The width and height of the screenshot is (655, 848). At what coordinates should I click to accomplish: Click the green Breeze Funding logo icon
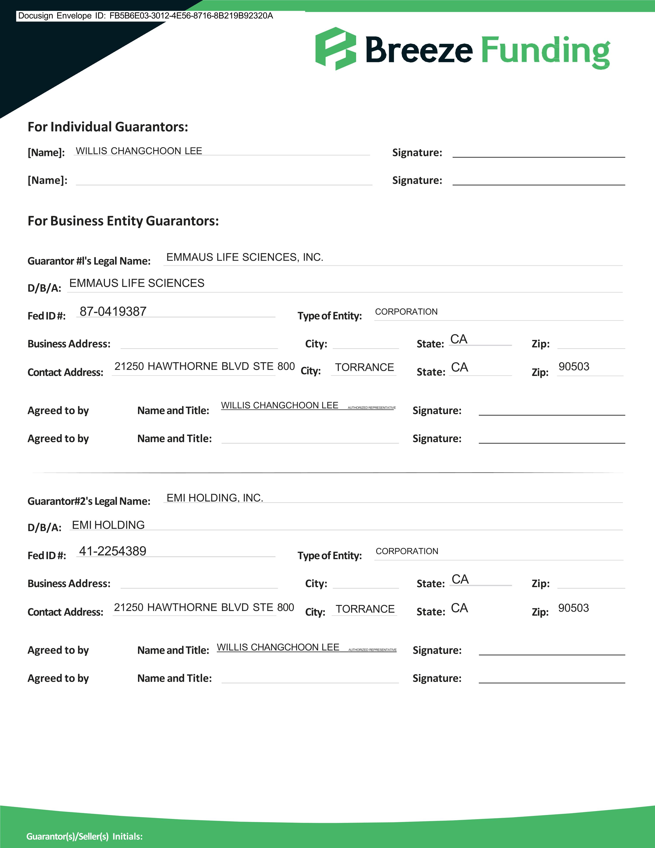pyautogui.click(x=335, y=49)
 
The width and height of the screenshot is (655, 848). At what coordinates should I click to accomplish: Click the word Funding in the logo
pyautogui.click(x=545, y=50)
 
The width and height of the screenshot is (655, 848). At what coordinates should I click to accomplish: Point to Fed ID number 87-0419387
pyautogui.click(x=113, y=311)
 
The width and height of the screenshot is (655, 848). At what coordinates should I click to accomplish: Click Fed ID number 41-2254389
pyautogui.click(x=112, y=551)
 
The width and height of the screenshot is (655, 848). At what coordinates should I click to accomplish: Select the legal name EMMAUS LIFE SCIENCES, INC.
pyautogui.click(x=245, y=257)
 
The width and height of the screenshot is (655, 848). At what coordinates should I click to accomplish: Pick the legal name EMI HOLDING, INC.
pyautogui.click(x=215, y=498)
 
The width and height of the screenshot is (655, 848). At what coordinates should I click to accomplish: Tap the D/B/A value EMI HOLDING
pyautogui.click(x=108, y=525)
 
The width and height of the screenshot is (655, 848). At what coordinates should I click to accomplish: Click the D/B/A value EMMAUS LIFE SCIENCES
pyautogui.click(x=137, y=283)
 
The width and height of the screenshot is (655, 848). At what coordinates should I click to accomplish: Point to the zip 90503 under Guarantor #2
pyautogui.click(x=573, y=608)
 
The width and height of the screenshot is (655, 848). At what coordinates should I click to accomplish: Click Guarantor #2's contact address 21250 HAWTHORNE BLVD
pyautogui.click(x=204, y=607)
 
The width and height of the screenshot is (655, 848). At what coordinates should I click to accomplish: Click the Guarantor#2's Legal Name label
pyautogui.click(x=89, y=501)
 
